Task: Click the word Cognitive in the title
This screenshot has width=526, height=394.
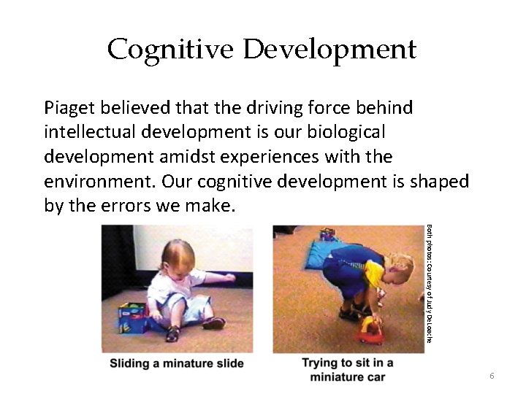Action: [x=171, y=50]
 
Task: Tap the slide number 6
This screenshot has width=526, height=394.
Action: [x=492, y=375]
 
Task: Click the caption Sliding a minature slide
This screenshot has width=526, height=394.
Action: [x=177, y=363]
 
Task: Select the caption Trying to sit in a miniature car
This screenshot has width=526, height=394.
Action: [x=348, y=370]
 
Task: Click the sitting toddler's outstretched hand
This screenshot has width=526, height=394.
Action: [x=230, y=277]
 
